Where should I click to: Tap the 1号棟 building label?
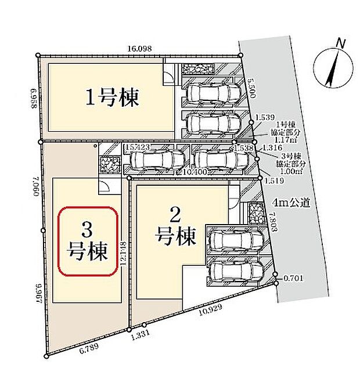pyautogui.click(x=113, y=98)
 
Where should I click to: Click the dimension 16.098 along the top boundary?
pyautogui.click(x=139, y=49)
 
